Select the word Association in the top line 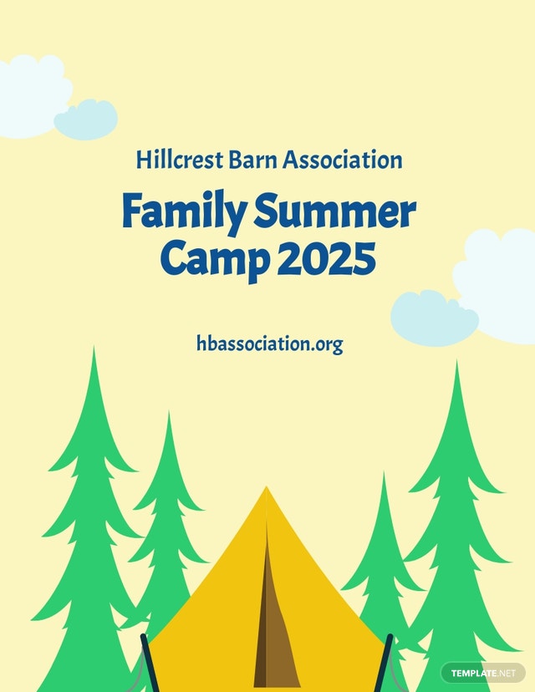[343, 160]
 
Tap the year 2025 [326, 257]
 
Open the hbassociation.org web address [270, 344]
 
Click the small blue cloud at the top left [86, 120]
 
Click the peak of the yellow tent [266, 486]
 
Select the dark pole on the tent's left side [150, 663]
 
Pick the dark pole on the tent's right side [382, 663]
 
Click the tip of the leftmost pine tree [94, 348]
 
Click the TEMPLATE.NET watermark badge [483, 674]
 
